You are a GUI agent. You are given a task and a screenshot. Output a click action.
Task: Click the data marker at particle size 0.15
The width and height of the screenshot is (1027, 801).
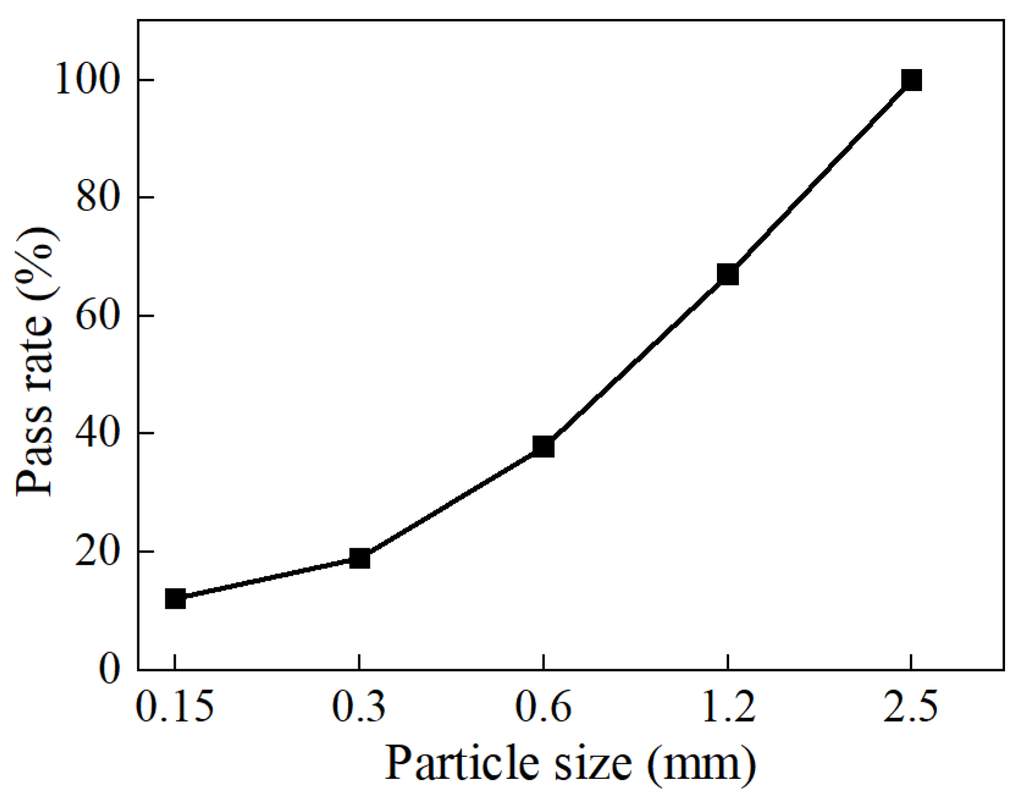pos(175,599)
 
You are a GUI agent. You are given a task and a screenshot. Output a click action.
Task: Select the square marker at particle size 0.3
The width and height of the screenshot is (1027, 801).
pos(360,558)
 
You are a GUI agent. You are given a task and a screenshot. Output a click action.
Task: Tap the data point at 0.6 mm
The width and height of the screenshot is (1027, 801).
pos(543,446)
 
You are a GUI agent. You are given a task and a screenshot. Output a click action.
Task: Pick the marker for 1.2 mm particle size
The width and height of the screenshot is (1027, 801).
pos(728,275)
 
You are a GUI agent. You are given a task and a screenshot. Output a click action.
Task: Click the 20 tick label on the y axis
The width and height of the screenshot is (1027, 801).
pos(98,552)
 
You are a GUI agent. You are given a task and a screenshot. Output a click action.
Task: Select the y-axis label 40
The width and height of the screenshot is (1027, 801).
pos(98,433)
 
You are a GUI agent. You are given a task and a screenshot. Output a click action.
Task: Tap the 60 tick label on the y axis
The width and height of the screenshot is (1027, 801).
pos(98,316)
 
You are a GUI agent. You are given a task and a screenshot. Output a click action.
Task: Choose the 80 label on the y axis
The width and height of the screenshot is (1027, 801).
pos(98,198)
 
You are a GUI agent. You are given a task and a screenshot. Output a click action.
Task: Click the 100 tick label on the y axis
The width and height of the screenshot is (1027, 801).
pos(87,80)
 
